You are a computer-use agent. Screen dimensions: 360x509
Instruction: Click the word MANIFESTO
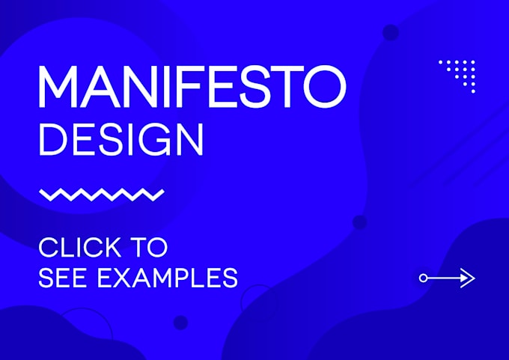(x=192, y=87)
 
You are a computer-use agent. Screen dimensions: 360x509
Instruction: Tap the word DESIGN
(x=121, y=139)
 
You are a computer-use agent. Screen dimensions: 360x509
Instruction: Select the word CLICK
(x=81, y=247)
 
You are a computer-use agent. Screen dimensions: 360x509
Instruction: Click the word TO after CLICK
(x=150, y=247)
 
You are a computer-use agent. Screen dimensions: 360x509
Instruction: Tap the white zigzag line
(x=101, y=195)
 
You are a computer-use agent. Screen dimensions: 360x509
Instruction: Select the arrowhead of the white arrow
(x=468, y=278)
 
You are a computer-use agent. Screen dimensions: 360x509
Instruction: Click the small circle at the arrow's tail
(x=424, y=278)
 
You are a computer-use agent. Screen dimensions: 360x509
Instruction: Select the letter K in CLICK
(x=117, y=247)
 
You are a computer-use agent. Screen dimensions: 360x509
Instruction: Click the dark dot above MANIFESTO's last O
(x=390, y=31)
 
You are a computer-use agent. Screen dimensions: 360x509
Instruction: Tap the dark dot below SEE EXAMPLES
(x=180, y=323)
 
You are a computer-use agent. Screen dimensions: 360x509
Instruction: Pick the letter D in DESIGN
(x=52, y=139)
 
